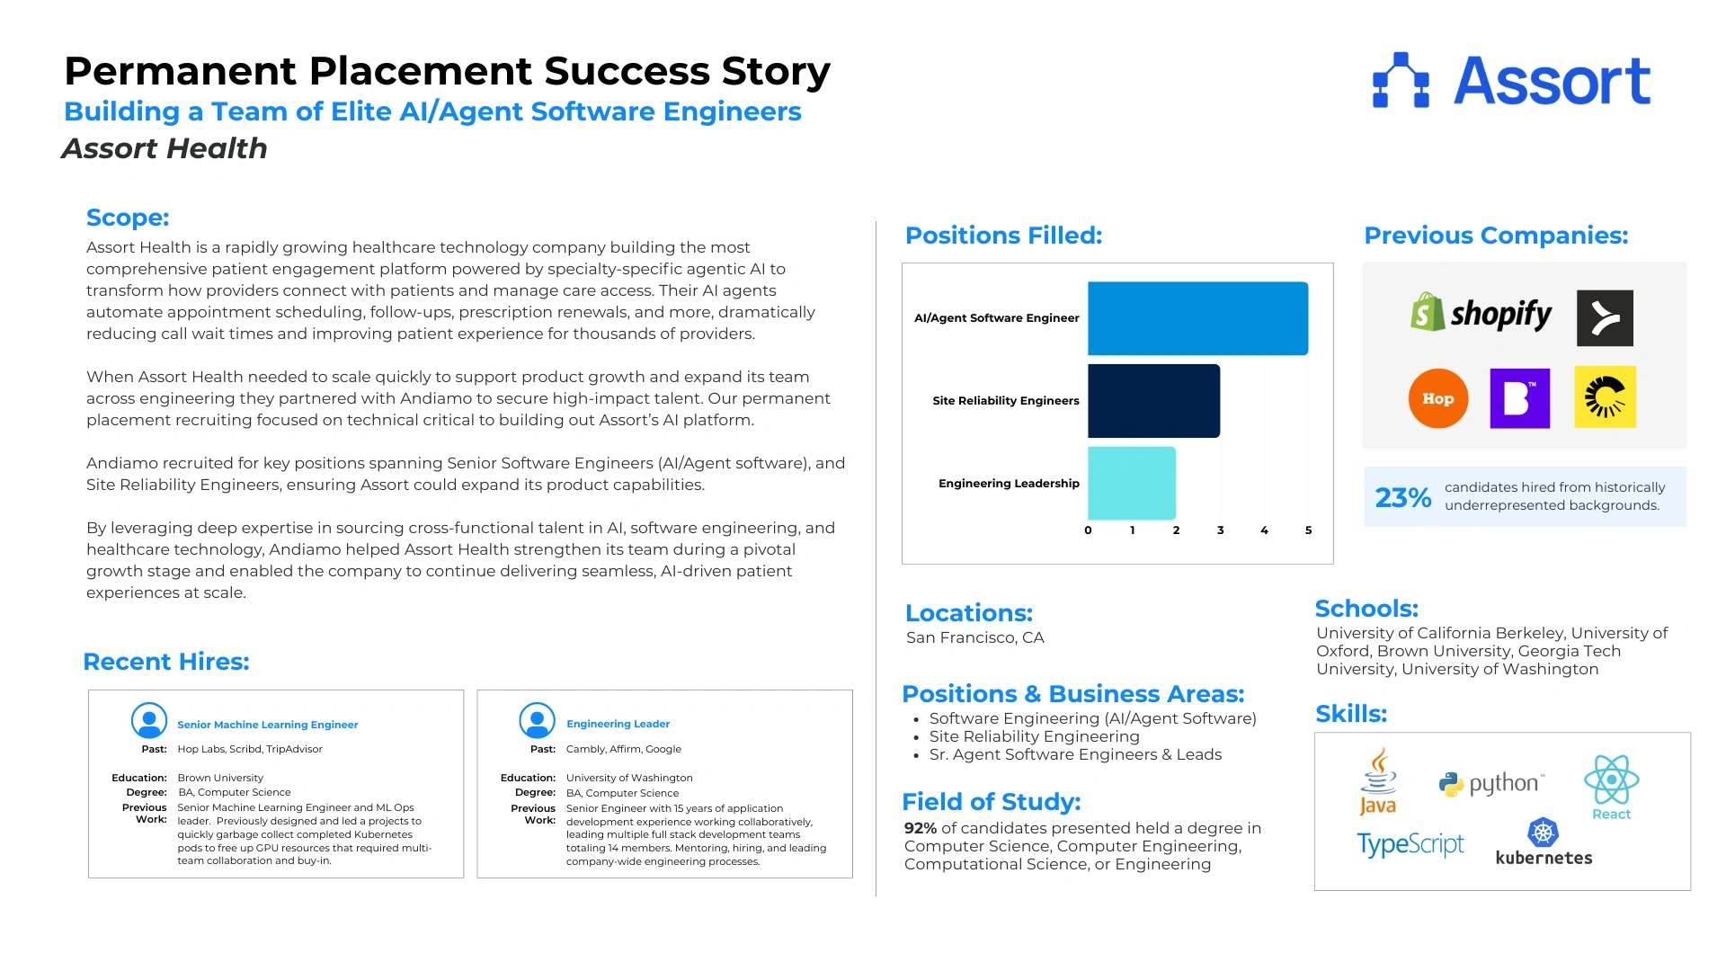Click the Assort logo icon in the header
pyautogui.click(x=1401, y=81)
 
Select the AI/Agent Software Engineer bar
pyautogui.click(x=1197, y=318)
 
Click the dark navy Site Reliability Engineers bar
pyautogui.click(x=1153, y=401)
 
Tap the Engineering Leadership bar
pyautogui.click(x=1132, y=483)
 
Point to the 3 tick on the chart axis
pyautogui.click(x=1220, y=530)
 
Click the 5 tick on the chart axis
pyautogui.click(x=1308, y=530)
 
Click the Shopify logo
pyautogui.click(x=1481, y=314)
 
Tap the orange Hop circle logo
pyautogui.click(x=1437, y=398)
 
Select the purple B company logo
pyautogui.click(x=1519, y=398)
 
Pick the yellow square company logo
pyautogui.click(x=1605, y=397)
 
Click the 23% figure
pyautogui.click(x=1402, y=497)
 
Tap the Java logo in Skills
pyautogui.click(x=1378, y=781)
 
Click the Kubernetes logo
pyautogui.click(x=1544, y=842)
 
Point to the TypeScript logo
pyautogui.click(x=1410, y=844)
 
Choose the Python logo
pyautogui.click(x=1491, y=783)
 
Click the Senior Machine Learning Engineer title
pyautogui.click(x=267, y=725)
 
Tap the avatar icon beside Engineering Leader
pyautogui.click(x=537, y=721)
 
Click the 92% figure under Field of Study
pyautogui.click(x=920, y=828)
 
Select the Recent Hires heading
pyautogui.click(x=166, y=662)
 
